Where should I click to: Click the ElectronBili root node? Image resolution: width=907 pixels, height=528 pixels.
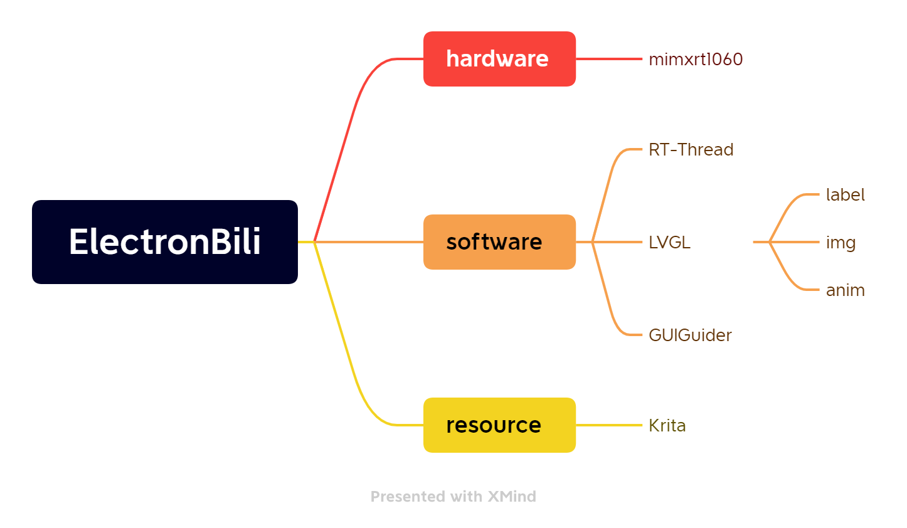[x=164, y=242]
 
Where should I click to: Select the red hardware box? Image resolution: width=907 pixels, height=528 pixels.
[x=499, y=59]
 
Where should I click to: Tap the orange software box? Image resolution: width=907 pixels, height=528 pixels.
[x=499, y=242]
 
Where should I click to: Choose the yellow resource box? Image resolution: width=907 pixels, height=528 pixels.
[x=499, y=425]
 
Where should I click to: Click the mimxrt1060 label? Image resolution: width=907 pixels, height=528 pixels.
[x=696, y=59]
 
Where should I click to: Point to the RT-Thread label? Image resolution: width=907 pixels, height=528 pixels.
[x=691, y=150]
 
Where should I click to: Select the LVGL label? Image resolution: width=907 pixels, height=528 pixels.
[x=669, y=242]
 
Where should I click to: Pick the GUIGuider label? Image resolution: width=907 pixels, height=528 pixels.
[x=690, y=335]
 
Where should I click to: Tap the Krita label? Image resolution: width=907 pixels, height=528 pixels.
[x=667, y=425]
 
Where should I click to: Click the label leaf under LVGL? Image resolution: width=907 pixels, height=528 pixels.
[x=845, y=195]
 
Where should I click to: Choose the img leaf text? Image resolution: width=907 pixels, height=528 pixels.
[x=841, y=243]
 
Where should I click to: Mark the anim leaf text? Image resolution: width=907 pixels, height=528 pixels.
[x=845, y=290]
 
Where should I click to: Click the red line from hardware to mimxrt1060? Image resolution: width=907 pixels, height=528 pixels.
[x=608, y=59]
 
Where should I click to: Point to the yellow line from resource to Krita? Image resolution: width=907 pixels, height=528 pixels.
[x=608, y=425]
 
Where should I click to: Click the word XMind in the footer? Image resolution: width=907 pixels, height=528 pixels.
[x=512, y=497]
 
